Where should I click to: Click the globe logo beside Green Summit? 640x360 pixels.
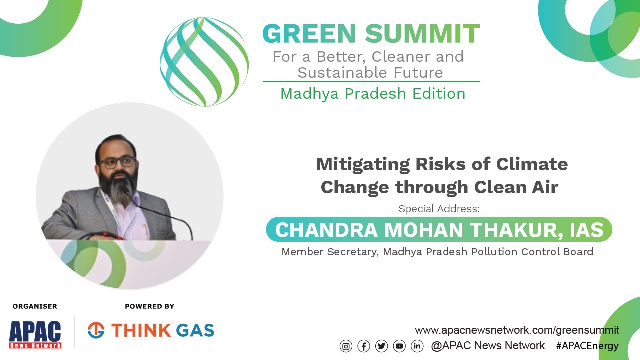pos(204,62)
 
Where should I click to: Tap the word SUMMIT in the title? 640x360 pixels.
pos(422,34)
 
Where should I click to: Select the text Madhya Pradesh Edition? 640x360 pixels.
pos(372,94)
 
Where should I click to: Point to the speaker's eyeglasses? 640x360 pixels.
pos(118,162)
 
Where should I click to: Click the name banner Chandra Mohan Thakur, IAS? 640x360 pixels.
pos(439,230)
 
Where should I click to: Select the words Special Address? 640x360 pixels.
pos(439,209)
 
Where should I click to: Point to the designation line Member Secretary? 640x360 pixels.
pos(437,252)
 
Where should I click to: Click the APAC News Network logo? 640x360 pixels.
pos(35,334)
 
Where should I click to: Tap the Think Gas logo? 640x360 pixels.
pos(151,330)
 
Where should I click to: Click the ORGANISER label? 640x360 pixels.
pos(35,306)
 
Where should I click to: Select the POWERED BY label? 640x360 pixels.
pos(149,306)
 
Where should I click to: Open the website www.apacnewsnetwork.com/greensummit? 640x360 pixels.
pos(517,330)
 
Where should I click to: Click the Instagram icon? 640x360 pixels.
pos(346,346)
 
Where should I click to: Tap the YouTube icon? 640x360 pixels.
pos(399,346)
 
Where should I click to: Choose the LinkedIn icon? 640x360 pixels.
pos(417,346)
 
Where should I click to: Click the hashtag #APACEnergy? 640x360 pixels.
pos(587,346)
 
